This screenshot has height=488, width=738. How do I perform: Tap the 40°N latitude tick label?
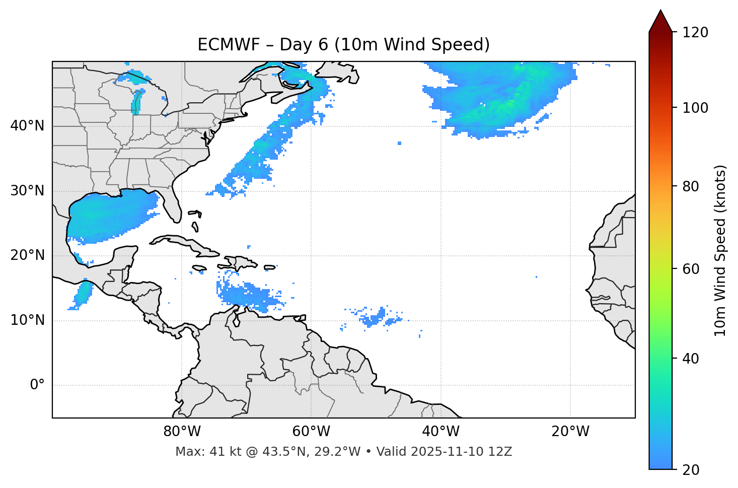(x=27, y=126)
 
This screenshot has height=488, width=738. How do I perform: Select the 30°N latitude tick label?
(x=27, y=191)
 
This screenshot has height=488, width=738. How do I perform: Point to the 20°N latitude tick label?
(x=27, y=255)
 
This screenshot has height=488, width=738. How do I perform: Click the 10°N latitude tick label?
(x=27, y=320)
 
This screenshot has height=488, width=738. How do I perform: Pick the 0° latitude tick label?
(x=37, y=385)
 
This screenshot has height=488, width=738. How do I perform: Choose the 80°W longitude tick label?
(x=182, y=432)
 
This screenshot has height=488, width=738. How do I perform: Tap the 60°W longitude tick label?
(x=311, y=432)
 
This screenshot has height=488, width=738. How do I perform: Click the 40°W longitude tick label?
(x=440, y=432)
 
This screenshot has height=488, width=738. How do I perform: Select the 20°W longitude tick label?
(x=570, y=432)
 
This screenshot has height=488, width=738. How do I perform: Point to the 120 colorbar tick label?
(x=695, y=32)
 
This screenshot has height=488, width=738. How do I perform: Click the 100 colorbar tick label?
(x=695, y=108)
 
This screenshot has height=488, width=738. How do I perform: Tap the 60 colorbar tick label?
(x=691, y=269)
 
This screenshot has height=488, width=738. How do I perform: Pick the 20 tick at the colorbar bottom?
(x=691, y=470)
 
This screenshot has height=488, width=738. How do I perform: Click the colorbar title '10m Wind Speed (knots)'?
(x=720, y=251)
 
